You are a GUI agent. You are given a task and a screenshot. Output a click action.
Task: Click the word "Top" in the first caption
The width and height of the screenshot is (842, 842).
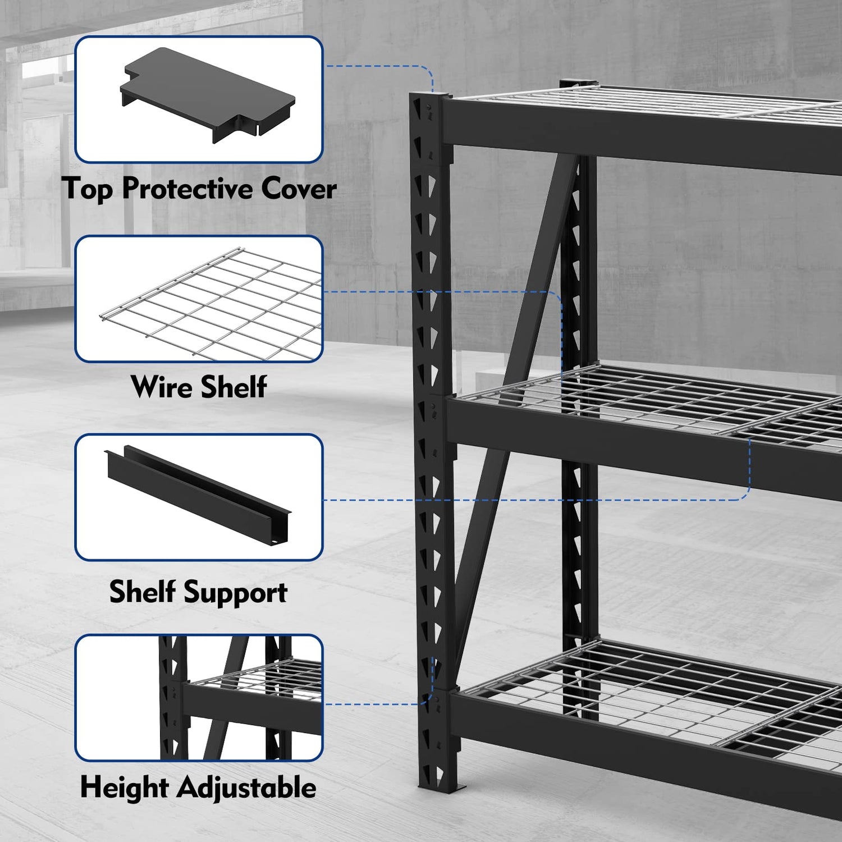[x=87, y=189]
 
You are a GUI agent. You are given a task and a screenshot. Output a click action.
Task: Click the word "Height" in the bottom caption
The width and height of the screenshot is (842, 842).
[x=125, y=787]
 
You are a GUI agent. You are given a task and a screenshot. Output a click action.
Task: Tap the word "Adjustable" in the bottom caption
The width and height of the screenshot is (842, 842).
[x=247, y=788]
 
